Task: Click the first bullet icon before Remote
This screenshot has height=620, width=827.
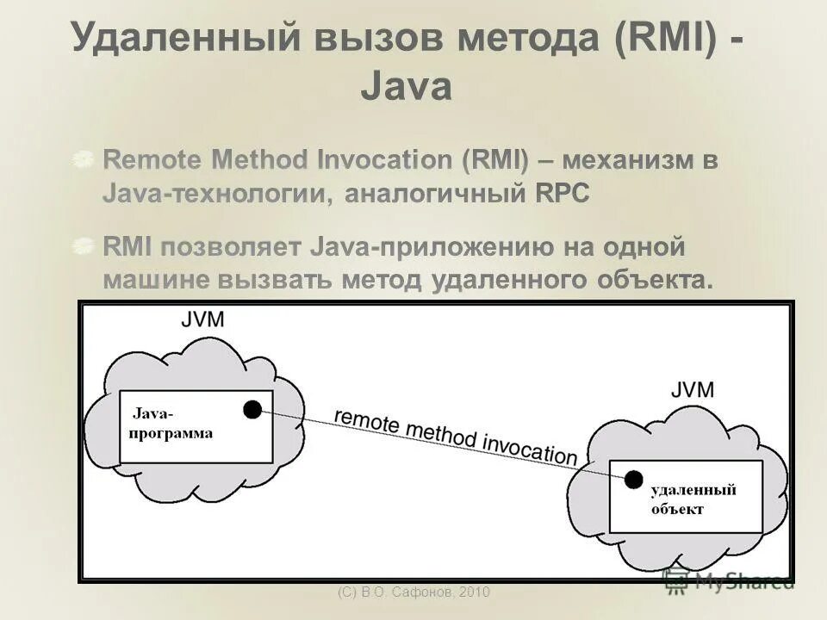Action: [83, 159]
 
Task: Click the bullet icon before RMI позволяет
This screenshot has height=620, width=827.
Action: [83, 247]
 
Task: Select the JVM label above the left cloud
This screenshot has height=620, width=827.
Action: [203, 320]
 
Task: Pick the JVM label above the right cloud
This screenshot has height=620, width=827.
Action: [693, 389]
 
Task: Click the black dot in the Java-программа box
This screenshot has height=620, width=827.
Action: [252, 409]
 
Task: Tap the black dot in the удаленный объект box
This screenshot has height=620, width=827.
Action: [634, 479]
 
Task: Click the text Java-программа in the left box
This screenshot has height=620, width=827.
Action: [171, 424]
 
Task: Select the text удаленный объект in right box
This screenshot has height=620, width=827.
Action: [693, 499]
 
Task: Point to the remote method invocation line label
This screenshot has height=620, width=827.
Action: [454, 437]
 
